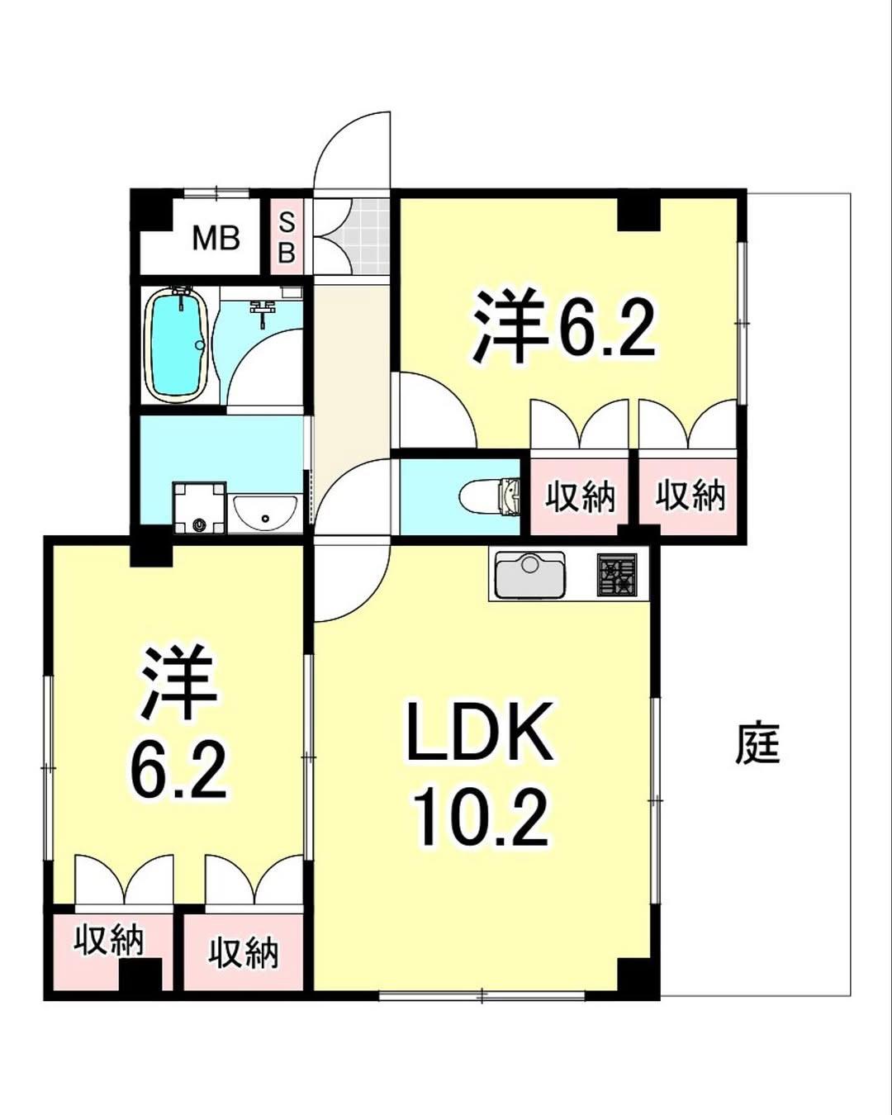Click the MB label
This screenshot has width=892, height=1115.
point(216,239)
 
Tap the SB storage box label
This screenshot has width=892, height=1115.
point(287,237)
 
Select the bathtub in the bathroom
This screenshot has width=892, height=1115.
point(175,345)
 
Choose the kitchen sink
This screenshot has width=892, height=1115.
point(529,575)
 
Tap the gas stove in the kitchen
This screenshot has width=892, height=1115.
point(618,575)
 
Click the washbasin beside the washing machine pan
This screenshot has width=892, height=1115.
point(265,512)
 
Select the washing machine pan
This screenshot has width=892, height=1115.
point(198,508)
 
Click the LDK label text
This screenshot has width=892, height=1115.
point(479,733)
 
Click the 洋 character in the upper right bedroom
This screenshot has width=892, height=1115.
point(509,326)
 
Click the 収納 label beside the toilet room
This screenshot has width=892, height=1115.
point(580,496)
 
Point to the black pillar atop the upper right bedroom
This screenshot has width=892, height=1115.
point(638,214)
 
